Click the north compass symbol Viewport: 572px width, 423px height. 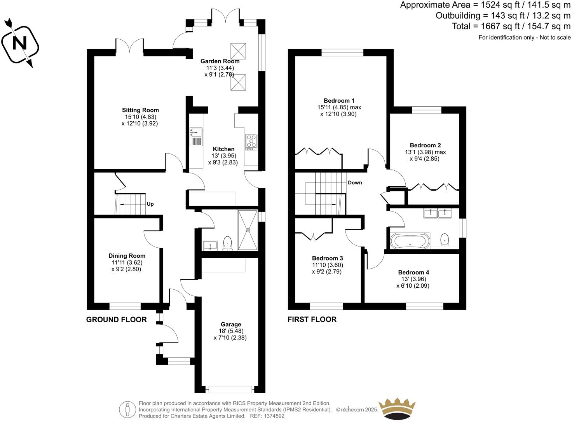20,43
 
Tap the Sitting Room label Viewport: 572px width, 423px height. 140,110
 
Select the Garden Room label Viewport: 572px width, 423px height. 220,61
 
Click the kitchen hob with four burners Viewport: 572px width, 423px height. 251,142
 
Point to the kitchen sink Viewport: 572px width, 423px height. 196,136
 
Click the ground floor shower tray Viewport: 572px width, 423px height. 248,230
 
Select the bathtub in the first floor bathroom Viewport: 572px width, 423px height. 410,241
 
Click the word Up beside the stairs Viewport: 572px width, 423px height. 150,204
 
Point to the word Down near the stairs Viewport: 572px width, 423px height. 355,183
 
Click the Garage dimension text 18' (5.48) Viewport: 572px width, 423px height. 230,331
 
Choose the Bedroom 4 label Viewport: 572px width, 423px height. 413,272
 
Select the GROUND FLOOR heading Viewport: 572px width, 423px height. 116,320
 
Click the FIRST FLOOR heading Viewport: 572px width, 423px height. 312,320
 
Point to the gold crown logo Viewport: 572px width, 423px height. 397,409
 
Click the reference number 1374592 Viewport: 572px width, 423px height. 274,416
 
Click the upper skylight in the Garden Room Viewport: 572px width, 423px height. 237,50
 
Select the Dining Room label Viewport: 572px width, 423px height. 127,256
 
